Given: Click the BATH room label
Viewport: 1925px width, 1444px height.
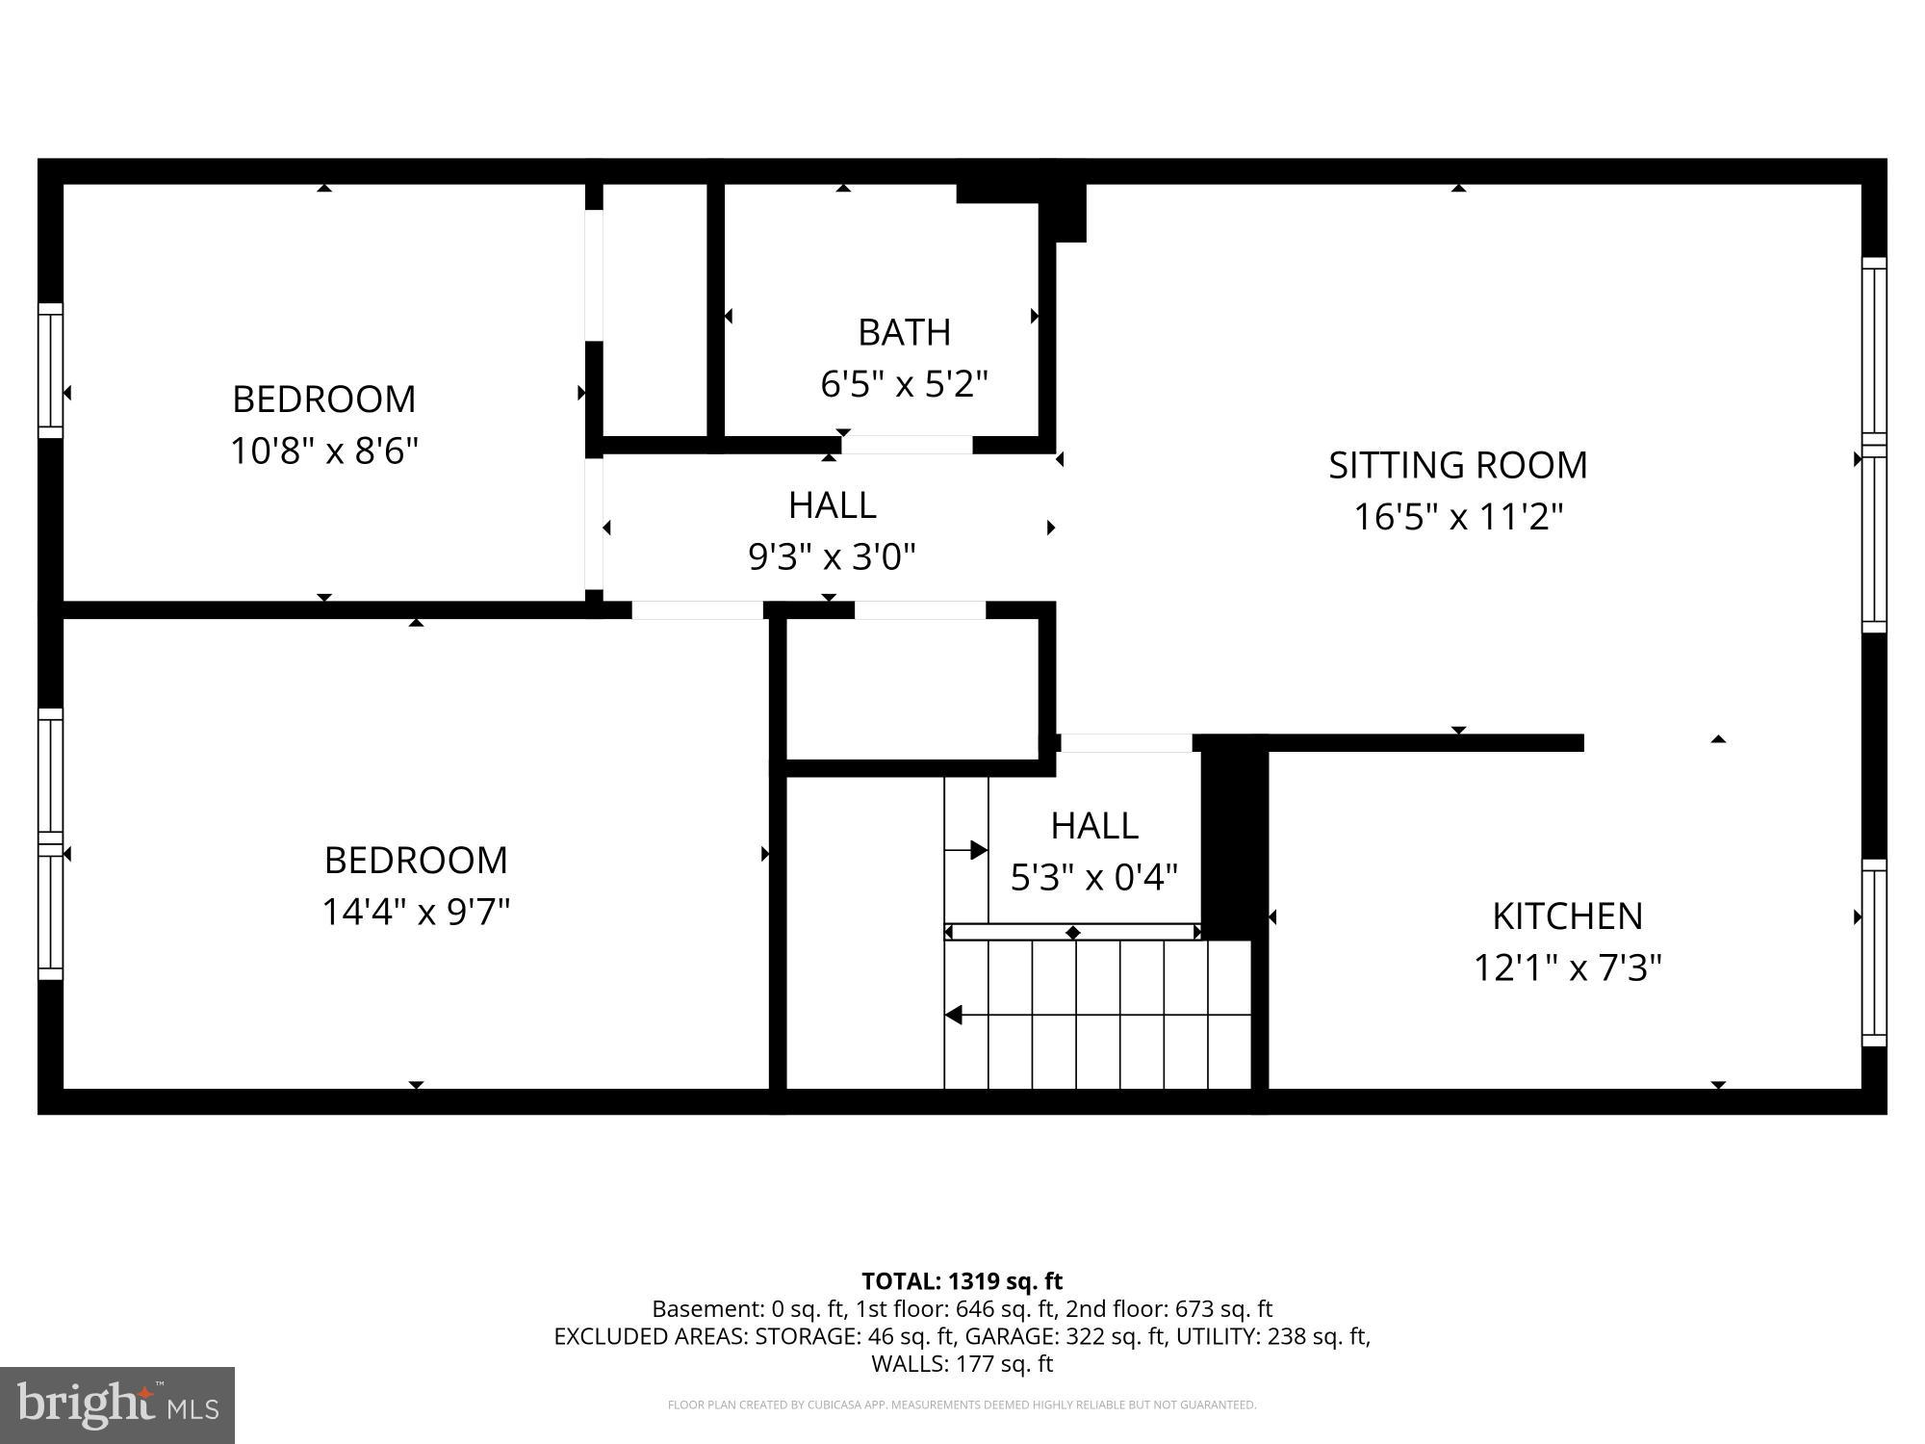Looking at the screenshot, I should tap(904, 332).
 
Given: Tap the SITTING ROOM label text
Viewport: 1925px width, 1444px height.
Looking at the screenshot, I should tap(1457, 465).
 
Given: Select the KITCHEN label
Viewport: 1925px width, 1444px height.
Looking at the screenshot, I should tap(1567, 915).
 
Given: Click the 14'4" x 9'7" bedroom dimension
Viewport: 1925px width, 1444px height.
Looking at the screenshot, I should tap(416, 912).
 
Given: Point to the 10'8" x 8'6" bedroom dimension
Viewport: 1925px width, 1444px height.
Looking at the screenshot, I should tap(324, 451).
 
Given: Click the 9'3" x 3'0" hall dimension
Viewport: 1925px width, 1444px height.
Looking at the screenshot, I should tap(832, 556).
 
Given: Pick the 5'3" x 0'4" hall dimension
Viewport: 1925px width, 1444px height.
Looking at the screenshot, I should tap(1093, 877).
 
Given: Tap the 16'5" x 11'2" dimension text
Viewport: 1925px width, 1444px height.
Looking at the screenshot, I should tap(1457, 517).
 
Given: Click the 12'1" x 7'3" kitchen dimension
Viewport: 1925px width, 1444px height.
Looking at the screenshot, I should tap(1567, 967).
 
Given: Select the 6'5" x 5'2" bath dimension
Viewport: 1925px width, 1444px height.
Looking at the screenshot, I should tap(904, 384).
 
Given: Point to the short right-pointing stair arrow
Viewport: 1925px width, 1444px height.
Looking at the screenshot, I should tap(966, 850).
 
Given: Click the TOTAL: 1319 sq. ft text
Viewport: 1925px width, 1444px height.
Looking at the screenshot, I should tap(962, 1281).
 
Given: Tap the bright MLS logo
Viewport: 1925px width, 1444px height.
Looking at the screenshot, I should tap(117, 1405).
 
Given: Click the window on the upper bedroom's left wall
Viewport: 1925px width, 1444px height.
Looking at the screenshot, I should tap(50, 371).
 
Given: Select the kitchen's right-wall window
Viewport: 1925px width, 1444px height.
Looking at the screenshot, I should tap(1873, 952).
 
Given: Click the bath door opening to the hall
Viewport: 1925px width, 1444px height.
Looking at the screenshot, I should tap(907, 445).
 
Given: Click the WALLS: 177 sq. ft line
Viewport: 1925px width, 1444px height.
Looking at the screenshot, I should tap(962, 1363).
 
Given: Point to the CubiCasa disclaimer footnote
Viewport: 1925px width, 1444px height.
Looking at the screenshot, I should tap(962, 1405).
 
